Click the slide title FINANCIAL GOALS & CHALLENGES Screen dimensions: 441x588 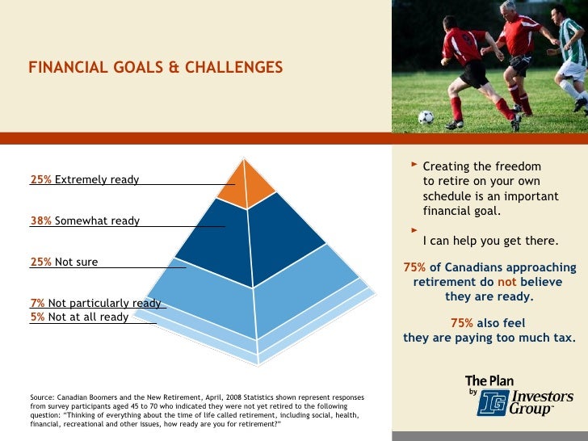tap(156, 67)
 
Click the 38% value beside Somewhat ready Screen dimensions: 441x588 tap(40, 220)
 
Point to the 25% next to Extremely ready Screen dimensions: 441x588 tap(40, 179)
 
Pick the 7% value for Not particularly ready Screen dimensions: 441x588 tap(37, 303)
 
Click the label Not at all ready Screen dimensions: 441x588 tap(88, 317)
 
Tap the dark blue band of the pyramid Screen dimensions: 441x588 tap(250, 238)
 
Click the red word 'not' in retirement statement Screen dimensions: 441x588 tap(506, 282)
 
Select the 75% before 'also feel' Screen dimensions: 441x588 tap(463, 324)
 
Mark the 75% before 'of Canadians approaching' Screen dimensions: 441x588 tap(414, 267)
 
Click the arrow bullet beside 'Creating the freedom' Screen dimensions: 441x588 tap(415, 165)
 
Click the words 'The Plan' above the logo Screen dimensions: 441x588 tap(489, 380)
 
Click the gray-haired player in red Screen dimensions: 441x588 tap(516, 48)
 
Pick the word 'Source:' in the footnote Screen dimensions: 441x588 tap(42, 397)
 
